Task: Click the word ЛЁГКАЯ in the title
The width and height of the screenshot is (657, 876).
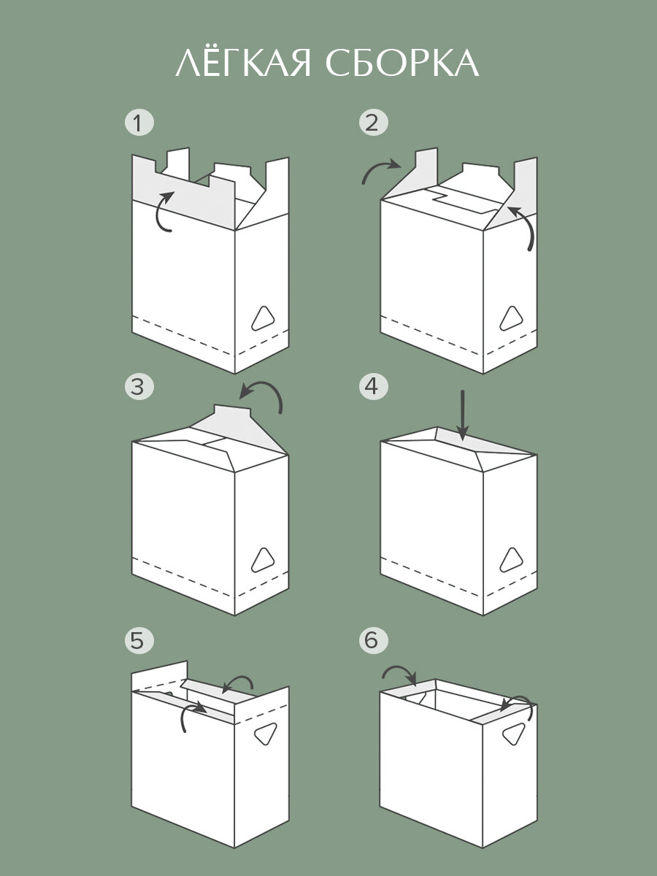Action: coord(245,64)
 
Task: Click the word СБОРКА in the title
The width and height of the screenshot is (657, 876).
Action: coord(402,64)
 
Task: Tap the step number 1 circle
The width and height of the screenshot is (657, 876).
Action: coord(139,122)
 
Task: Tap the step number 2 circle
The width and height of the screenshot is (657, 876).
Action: coord(373,122)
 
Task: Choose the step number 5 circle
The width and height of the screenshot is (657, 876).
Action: coord(139,640)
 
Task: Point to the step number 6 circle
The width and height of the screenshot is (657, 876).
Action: coord(373,640)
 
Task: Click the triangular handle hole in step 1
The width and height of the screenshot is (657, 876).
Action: coord(262,318)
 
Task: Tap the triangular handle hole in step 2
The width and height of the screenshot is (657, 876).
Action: coord(510,318)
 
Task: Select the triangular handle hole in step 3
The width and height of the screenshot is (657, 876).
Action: coord(262,561)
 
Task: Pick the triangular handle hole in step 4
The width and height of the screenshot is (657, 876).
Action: coord(510,561)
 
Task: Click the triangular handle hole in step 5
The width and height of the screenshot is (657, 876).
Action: coord(264,735)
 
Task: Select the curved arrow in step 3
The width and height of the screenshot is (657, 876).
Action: coord(263,396)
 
